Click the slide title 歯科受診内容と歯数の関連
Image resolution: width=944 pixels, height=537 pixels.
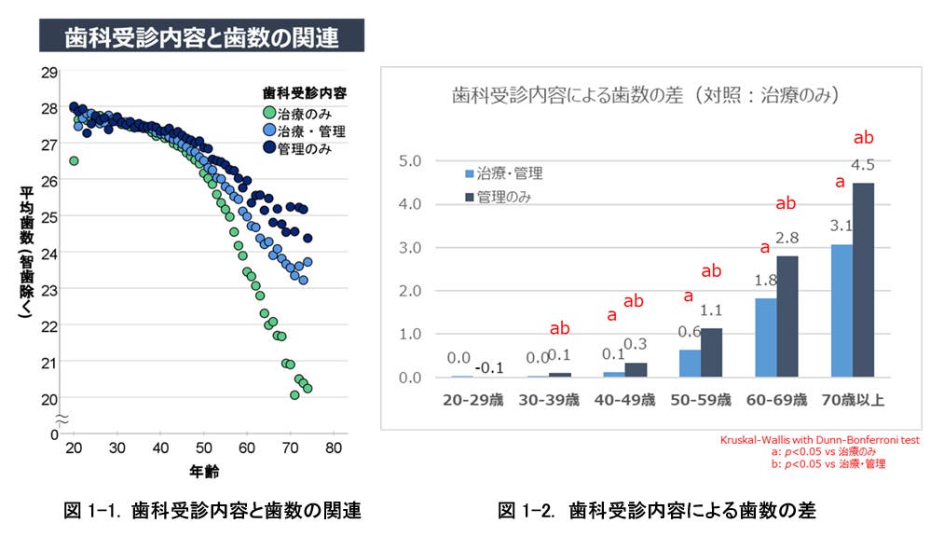click(200, 37)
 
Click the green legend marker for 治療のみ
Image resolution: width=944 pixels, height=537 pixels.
click(269, 114)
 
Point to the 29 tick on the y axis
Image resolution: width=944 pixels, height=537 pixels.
click(49, 71)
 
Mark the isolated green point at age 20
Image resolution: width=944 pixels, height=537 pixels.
click(74, 161)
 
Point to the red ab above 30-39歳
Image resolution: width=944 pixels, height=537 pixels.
click(560, 328)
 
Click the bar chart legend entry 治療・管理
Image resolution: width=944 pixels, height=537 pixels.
click(503, 173)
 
